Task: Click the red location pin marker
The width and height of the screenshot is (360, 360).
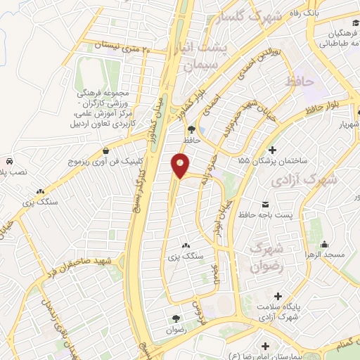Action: pos(181,165)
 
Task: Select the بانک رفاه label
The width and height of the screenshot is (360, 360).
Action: pos(327,13)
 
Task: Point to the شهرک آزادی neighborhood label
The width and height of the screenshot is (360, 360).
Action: pos(307,180)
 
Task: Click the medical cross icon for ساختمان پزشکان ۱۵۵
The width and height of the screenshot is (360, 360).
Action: pos(272,149)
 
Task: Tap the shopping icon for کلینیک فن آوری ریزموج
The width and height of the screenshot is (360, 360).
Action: pos(105,150)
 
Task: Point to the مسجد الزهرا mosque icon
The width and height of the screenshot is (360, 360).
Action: pos(324,245)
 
